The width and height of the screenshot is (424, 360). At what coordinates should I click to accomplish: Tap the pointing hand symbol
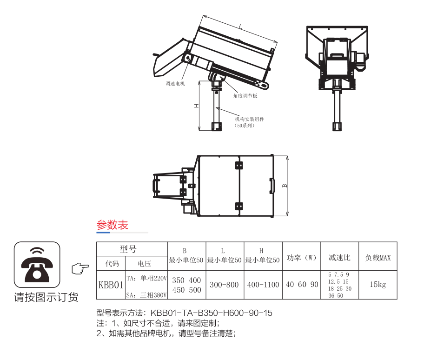(x=80, y=268)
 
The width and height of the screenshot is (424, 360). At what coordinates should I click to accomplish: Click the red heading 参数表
(x=112, y=225)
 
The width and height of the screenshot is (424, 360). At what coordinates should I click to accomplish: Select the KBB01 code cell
(x=111, y=284)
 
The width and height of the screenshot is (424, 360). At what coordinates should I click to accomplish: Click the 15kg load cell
(x=378, y=284)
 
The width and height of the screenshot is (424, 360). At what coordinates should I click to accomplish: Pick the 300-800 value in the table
(x=224, y=284)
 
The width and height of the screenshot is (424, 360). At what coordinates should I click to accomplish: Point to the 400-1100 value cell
(x=263, y=284)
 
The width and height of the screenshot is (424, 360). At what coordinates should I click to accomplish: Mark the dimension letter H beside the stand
(x=197, y=106)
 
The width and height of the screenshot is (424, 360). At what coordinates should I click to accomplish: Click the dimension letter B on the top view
(x=285, y=186)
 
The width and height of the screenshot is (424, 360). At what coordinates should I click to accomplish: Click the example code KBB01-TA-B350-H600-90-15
(x=212, y=313)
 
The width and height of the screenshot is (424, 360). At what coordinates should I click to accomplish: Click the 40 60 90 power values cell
(x=301, y=284)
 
